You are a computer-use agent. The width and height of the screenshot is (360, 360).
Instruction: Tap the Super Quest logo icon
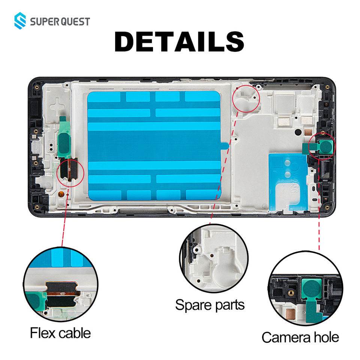21,21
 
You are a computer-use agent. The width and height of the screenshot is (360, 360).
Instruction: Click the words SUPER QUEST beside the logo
60,21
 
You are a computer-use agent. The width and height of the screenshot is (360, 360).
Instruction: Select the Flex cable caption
60,332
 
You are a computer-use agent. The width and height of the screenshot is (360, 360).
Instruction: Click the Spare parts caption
210,304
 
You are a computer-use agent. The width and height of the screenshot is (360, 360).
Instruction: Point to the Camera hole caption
300,337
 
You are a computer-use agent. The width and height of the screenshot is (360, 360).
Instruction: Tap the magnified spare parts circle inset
214,258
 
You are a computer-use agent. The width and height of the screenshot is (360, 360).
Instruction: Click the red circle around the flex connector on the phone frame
70,171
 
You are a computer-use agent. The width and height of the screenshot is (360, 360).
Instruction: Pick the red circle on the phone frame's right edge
322,146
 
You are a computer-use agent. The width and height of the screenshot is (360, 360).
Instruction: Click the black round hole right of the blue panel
297,132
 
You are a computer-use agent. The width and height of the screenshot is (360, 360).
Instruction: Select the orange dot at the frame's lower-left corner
60,195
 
